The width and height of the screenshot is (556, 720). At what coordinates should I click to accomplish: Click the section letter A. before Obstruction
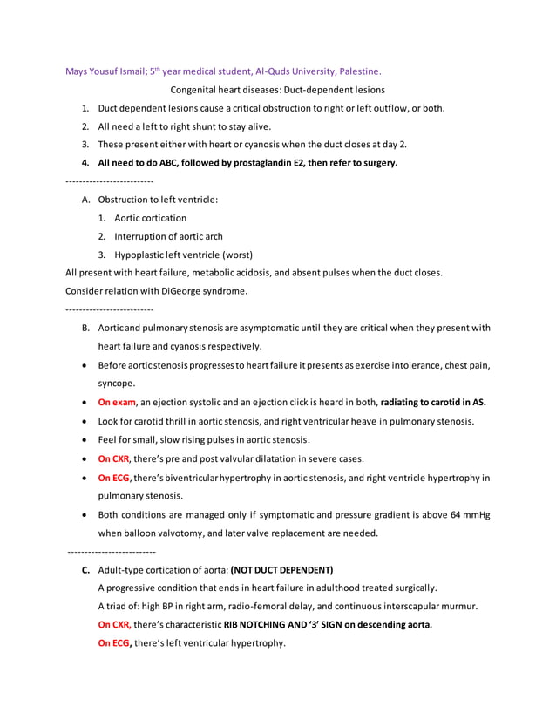[86, 200]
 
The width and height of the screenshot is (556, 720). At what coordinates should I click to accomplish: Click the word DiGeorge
[166, 291]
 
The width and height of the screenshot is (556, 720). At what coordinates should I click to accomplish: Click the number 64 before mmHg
[459, 515]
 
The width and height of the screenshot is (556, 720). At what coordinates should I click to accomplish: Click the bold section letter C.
[86, 569]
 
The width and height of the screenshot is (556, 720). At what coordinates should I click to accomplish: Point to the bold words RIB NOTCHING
[261, 625]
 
